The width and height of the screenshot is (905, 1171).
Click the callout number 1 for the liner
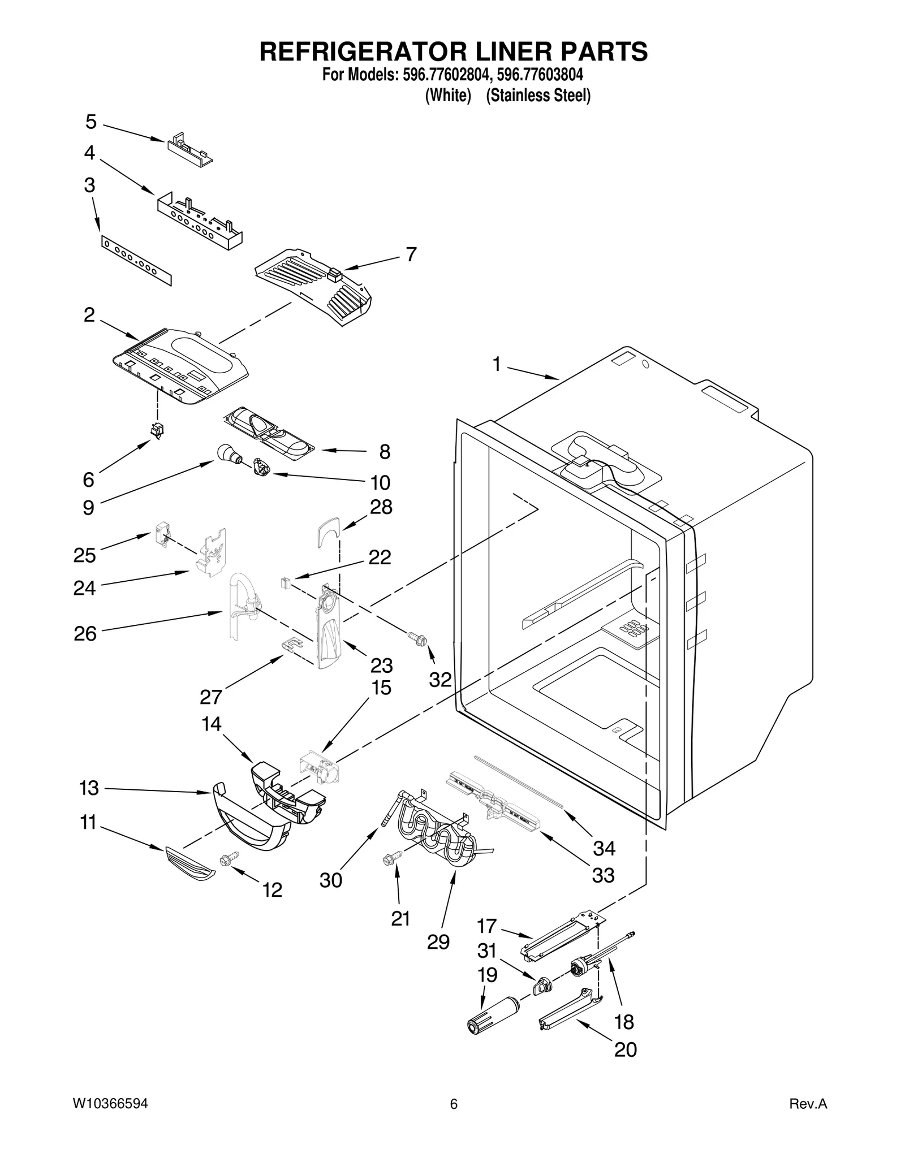496,365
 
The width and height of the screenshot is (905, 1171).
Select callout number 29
438,941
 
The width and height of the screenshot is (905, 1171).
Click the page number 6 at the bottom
453,1104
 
